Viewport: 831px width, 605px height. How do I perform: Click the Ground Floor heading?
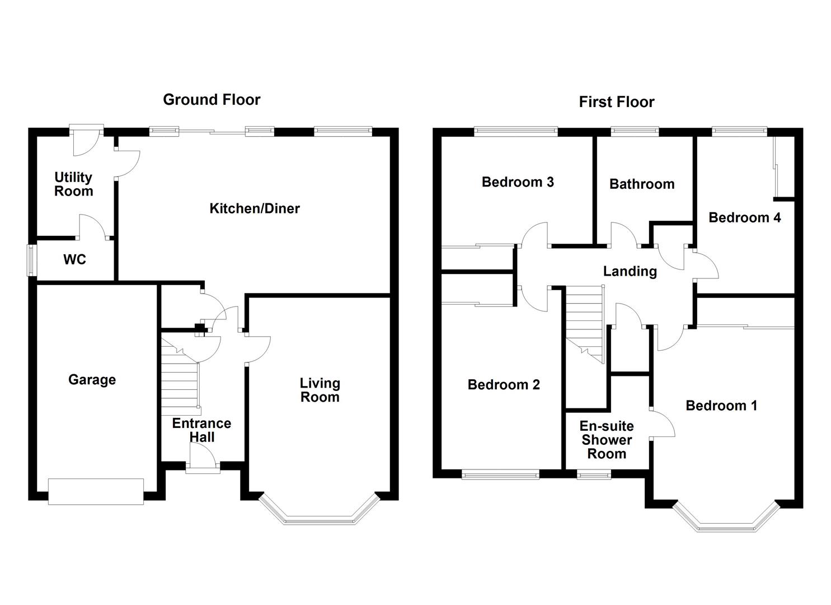pyautogui.click(x=212, y=100)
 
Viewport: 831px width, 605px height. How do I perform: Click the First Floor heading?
pyautogui.click(x=616, y=102)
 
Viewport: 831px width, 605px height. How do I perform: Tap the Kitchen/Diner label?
pyautogui.click(x=255, y=208)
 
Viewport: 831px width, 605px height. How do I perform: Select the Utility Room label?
pyautogui.click(x=73, y=184)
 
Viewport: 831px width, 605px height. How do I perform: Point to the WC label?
pyautogui.click(x=74, y=259)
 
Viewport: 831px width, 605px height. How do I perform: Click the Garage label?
pyautogui.click(x=92, y=380)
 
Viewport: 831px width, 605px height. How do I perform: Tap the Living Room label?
pyautogui.click(x=320, y=390)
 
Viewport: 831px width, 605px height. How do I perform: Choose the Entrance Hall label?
pyautogui.click(x=201, y=430)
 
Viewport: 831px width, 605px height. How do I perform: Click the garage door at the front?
pyautogui.click(x=96, y=491)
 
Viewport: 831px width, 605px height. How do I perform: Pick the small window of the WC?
pyautogui.click(x=32, y=259)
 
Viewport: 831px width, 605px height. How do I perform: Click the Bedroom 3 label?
pyautogui.click(x=518, y=182)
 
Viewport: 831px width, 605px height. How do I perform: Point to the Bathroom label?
pyautogui.click(x=642, y=184)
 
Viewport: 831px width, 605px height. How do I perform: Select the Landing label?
pyautogui.click(x=630, y=271)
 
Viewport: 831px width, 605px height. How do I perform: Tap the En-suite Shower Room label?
pyautogui.click(x=607, y=440)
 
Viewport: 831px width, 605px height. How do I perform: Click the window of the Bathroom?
pyautogui.click(x=635, y=132)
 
